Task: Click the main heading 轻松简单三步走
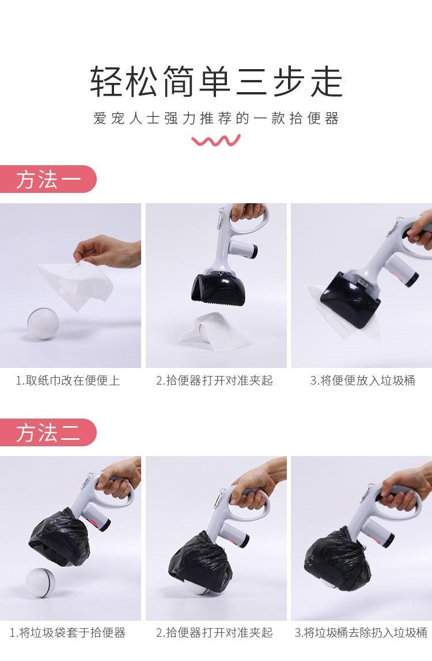(216, 81)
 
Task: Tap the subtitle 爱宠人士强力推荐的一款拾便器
(216, 119)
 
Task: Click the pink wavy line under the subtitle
(216, 140)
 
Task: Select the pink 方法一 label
(48, 179)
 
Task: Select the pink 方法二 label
(48, 432)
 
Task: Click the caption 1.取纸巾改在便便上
(68, 381)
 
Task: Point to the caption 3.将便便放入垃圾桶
(362, 381)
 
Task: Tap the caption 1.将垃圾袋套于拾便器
(67, 632)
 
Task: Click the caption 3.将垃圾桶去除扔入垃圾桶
(361, 632)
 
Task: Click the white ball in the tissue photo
(43, 324)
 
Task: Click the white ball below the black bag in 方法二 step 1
(40, 583)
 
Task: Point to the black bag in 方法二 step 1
(59, 537)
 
